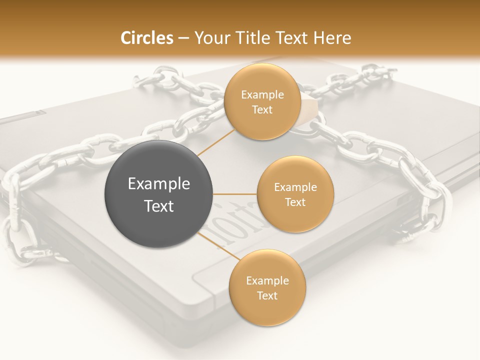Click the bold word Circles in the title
[146, 38]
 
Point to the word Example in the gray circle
[159, 184]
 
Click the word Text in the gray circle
[159, 206]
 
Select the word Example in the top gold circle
[262, 95]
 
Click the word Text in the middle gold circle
[295, 202]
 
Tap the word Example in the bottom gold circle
[267, 281]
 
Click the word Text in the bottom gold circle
[267, 296]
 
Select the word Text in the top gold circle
[262, 110]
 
